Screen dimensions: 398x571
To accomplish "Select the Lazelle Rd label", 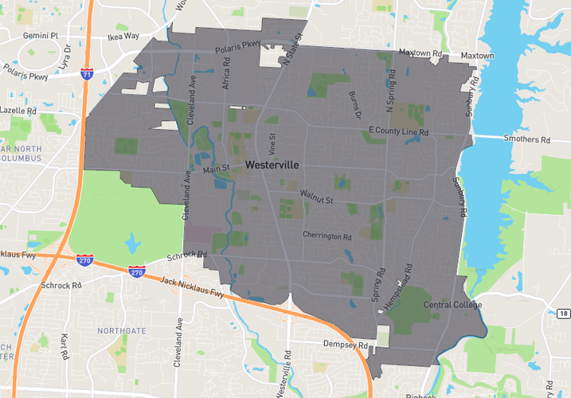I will pos(19,111).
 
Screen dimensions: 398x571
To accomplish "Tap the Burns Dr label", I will pos(354,103).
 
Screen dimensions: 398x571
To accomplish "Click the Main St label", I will pos(216,169).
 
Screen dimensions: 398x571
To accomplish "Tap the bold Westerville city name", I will pos(272,166).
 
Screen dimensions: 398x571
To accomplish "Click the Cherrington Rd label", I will pos(327,236).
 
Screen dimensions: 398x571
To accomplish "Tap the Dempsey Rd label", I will pos(345,345).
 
